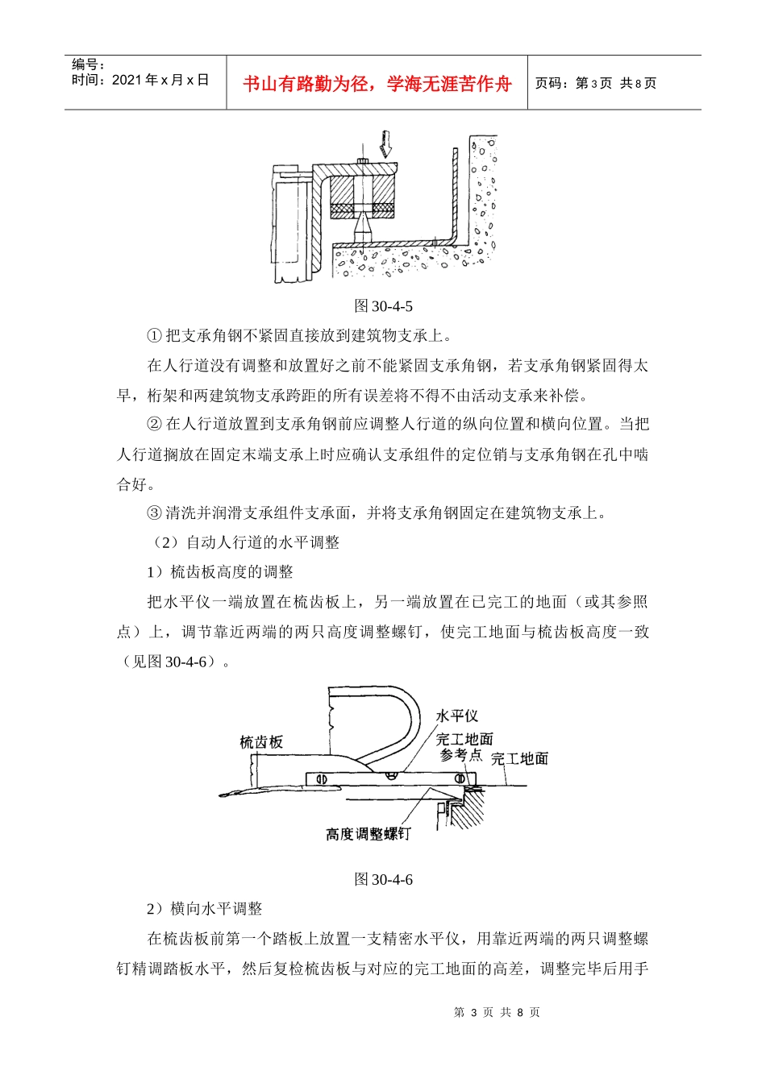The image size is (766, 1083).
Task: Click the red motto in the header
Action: pos(377,84)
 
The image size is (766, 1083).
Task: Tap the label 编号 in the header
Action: pos(88,64)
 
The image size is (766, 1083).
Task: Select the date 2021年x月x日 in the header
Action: pos(140,80)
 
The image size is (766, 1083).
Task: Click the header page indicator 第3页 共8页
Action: pos(596,83)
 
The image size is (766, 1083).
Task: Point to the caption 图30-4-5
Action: pos(384,306)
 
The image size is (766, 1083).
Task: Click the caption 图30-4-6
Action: pos(384,879)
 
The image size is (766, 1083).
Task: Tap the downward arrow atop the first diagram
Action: pos(386,143)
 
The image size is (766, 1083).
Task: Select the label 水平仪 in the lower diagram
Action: pos(457,716)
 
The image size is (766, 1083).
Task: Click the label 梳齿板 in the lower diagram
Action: pos(261,742)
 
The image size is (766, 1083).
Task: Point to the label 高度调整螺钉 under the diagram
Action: pos(368,834)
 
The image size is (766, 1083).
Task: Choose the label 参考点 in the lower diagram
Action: pos(461,755)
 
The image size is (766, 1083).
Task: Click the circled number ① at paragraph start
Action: pos(154,336)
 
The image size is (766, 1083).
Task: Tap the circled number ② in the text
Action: pos(154,425)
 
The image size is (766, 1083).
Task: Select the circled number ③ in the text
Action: pos(154,513)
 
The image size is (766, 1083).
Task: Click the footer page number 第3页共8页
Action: pos(497,1012)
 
